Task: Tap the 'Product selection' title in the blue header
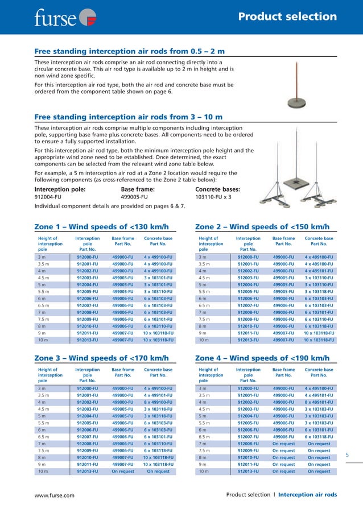(287, 16)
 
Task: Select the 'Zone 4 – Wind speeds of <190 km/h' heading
(262, 358)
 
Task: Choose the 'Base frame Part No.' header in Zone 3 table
(123, 372)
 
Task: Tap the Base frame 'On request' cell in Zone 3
(123, 471)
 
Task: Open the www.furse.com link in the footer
(55, 495)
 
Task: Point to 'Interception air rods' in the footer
(307, 495)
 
